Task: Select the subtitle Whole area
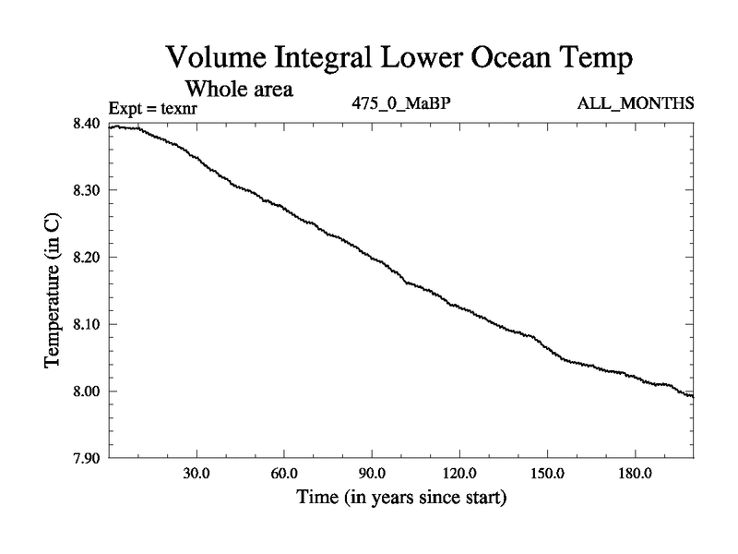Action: (240, 90)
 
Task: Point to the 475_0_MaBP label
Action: (400, 102)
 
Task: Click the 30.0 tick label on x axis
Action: (196, 474)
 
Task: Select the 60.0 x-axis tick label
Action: (283, 474)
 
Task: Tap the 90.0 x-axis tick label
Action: (372, 474)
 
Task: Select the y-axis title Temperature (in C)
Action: (54, 291)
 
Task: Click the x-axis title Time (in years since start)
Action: (401, 499)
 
